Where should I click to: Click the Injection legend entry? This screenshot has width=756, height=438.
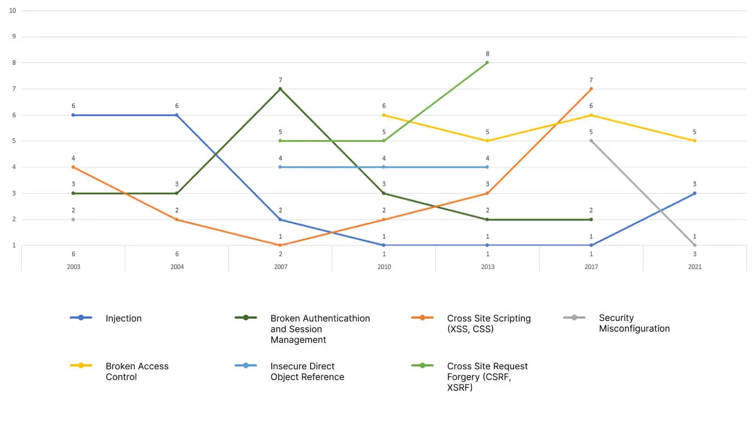(x=123, y=318)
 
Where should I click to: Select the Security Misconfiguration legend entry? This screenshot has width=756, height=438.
(x=634, y=323)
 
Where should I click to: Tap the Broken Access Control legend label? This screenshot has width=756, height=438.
(x=137, y=372)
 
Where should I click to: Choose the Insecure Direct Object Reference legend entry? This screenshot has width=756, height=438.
(x=307, y=372)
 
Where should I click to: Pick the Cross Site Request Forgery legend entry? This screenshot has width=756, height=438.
(x=487, y=377)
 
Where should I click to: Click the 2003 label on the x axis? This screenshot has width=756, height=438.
(x=73, y=267)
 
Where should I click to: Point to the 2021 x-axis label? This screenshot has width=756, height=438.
(x=695, y=267)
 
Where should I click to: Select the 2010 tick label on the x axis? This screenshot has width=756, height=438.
(x=384, y=267)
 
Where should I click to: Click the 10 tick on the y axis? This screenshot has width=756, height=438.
(x=12, y=11)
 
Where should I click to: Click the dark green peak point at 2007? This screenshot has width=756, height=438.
(x=280, y=89)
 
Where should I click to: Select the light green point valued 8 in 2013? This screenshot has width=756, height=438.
(x=488, y=62)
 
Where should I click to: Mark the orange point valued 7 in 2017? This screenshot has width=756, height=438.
(x=591, y=89)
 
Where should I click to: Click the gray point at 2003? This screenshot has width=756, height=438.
(x=73, y=220)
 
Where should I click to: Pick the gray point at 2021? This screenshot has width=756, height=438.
(x=695, y=245)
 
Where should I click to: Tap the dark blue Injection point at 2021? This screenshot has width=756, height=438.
(x=695, y=193)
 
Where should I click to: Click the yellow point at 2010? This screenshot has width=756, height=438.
(x=384, y=115)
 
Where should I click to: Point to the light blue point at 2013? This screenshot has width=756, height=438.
(x=488, y=167)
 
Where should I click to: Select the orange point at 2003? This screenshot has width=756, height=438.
(x=73, y=167)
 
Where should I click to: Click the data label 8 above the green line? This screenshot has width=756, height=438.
(x=488, y=54)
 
